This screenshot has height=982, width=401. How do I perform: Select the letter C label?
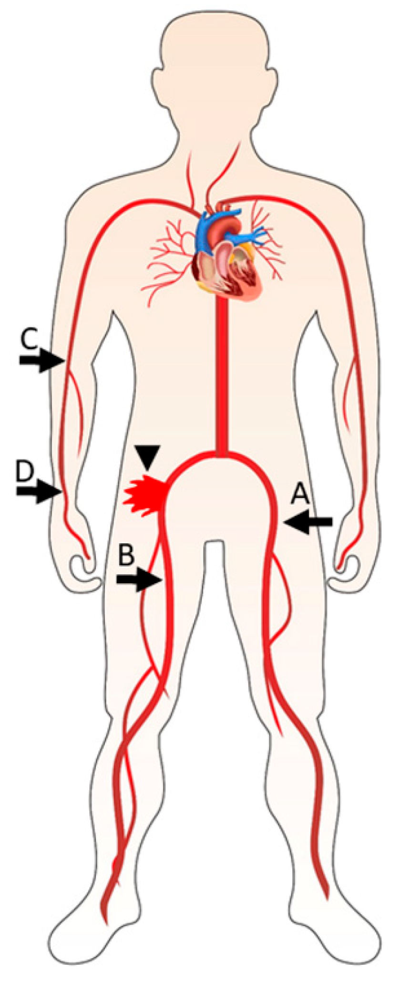(29, 340)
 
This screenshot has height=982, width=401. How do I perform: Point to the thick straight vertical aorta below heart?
(221, 372)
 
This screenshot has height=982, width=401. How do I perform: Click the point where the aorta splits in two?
(221, 454)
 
